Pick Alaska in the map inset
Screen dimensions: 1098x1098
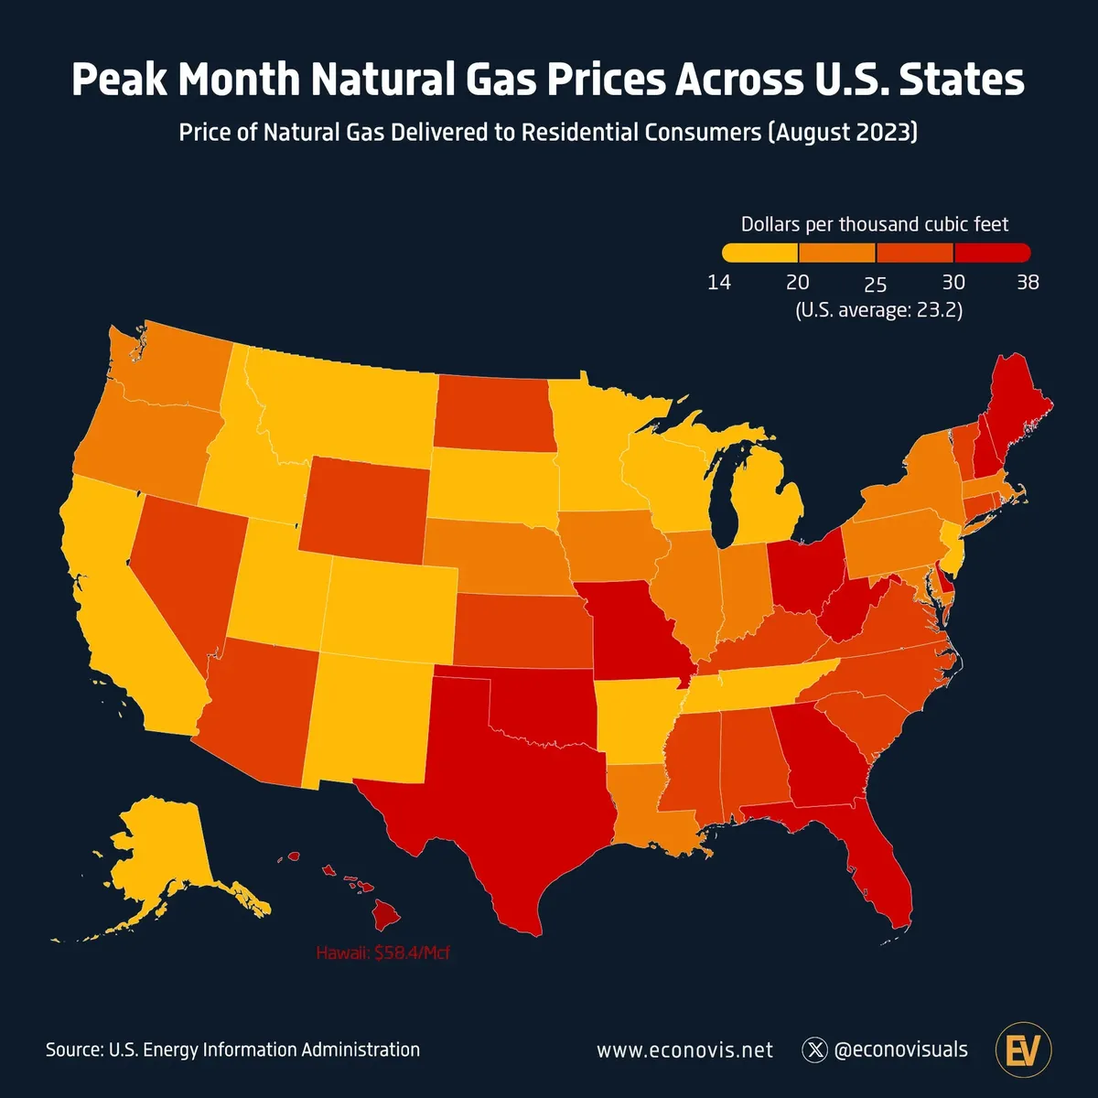click(165, 860)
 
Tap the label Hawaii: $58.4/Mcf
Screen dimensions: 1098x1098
click(383, 953)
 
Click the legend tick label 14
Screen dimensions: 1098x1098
click(719, 282)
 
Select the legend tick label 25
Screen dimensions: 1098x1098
click(876, 284)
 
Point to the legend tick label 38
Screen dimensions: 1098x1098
click(1028, 282)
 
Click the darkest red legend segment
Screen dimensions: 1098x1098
click(992, 253)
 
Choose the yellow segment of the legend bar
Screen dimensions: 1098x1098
click(759, 253)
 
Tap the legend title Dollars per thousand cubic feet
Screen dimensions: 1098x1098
click(875, 224)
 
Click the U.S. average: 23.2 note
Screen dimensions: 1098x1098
click(878, 309)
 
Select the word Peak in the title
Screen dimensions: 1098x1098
click(120, 80)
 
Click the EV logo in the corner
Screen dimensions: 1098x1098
click(1022, 1050)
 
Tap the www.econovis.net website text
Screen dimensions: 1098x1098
click(684, 1050)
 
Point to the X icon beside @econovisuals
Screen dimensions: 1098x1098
click(814, 1050)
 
